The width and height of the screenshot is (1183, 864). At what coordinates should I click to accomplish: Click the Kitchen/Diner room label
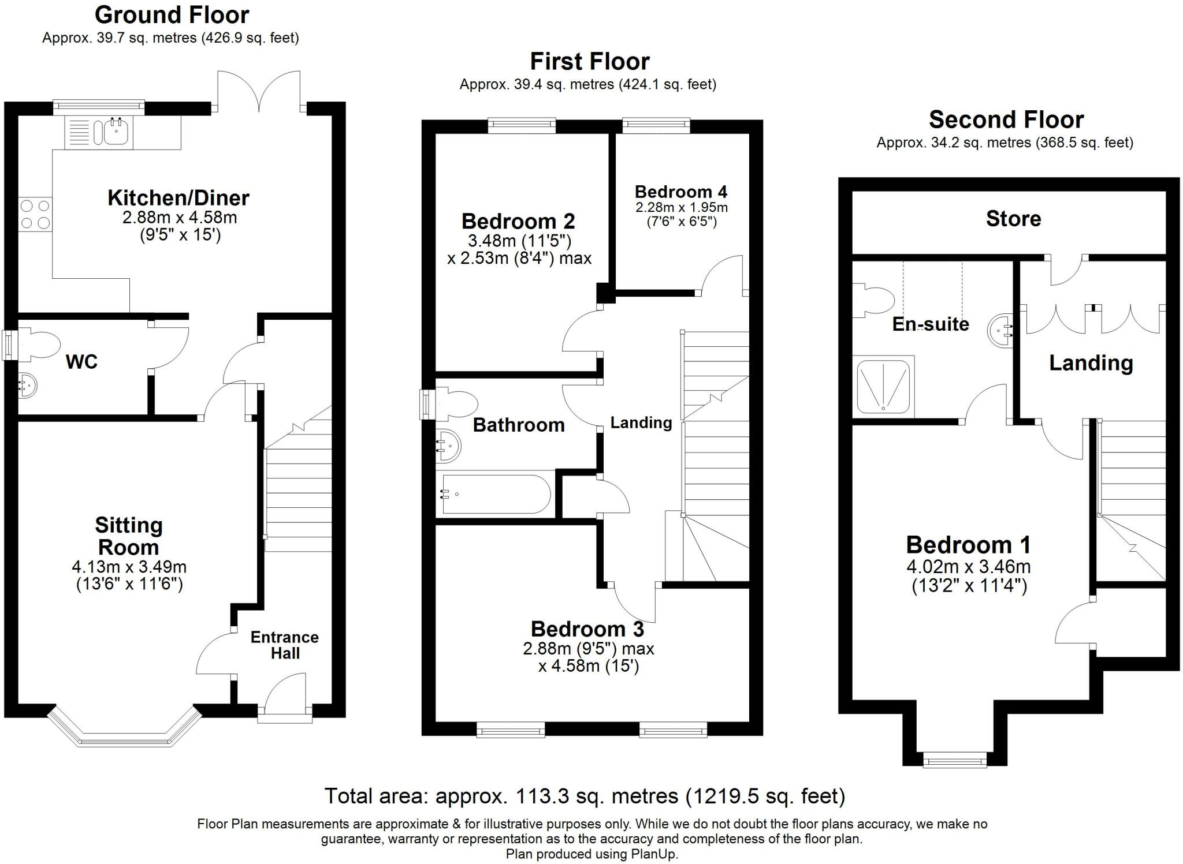coord(178,198)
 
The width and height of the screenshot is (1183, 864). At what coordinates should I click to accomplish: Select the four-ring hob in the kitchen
coord(35,214)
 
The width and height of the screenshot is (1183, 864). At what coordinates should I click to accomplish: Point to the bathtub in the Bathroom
coord(496,494)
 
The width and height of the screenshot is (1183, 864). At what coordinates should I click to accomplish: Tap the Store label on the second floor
coord(1013,219)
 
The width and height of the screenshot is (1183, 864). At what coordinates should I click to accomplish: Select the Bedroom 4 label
coord(681,192)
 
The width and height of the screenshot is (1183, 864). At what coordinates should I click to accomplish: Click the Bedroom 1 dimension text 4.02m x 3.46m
coord(968,567)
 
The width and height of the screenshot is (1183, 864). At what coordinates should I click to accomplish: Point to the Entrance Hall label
coord(285,645)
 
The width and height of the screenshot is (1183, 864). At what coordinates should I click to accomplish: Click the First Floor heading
coord(589,61)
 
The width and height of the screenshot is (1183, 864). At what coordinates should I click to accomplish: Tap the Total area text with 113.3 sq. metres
coord(585,796)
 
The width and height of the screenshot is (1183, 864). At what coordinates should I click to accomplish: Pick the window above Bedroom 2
coord(522,124)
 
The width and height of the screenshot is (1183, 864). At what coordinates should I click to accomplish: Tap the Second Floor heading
coord(1006,120)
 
